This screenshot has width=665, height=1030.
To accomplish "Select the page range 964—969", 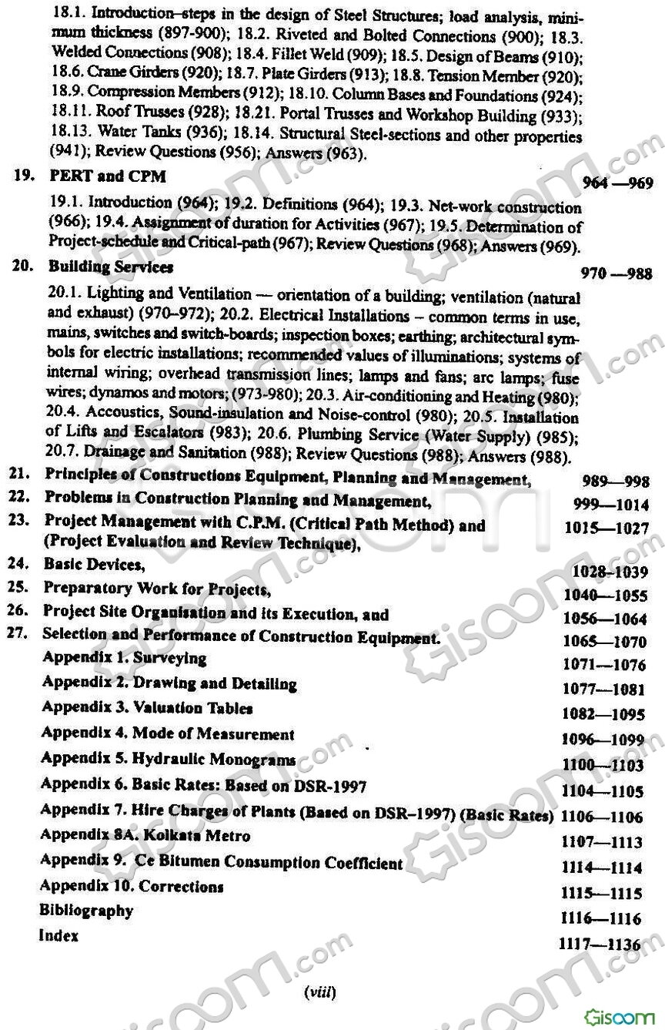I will [618, 183].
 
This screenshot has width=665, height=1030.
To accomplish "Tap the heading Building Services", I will [111, 267].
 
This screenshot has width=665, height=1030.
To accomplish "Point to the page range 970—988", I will [618, 273].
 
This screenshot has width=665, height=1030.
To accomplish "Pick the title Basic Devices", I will [95, 565].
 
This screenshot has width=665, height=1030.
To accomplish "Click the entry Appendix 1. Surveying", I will [125, 658].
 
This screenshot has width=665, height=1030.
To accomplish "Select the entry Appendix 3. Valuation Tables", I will [147, 707].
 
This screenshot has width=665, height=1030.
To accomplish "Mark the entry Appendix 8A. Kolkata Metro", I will [145, 835].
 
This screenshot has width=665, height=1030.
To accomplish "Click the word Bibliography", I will [86, 911].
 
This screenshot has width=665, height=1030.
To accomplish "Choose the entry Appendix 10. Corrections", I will [132, 886].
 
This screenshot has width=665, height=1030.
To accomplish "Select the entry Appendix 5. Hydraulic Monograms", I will [169, 760].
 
